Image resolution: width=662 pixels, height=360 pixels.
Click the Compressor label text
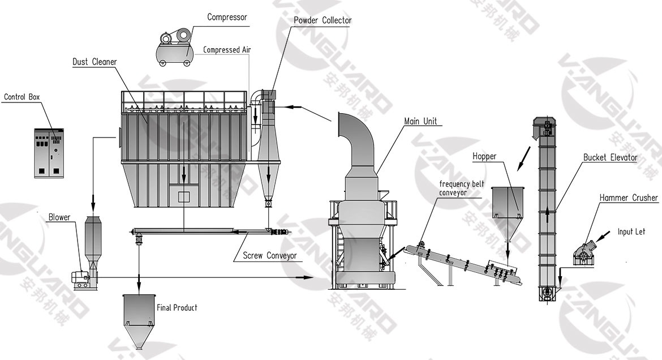click(x=227, y=17)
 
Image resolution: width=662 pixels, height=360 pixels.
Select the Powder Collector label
click(x=323, y=20)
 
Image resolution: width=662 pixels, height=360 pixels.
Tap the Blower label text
click(x=59, y=217)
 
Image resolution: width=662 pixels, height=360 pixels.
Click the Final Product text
click(x=177, y=308)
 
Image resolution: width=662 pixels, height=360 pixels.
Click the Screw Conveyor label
click(x=269, y=256)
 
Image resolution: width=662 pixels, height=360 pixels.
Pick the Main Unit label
click(x=420, y=122)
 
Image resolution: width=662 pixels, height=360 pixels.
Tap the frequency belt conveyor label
click(x=462, y=188)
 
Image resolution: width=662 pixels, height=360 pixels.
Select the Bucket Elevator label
click(x=611, y=157)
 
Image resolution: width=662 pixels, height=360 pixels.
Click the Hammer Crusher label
click(x=629, y=198)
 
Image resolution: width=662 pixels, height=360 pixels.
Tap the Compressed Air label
click(x=227, y=50)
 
